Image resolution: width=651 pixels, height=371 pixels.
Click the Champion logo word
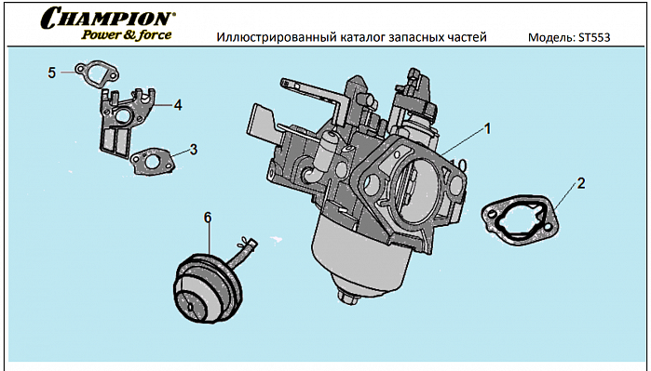[x=108, y=18]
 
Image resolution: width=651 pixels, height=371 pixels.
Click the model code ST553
[x=596, y=38]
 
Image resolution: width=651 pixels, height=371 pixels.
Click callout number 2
[x=580, y=182]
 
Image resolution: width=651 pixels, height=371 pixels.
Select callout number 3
[x=193, y=149]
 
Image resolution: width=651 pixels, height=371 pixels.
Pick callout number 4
[x=177, y=105]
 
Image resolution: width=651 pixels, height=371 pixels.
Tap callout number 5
[x=52, y=72]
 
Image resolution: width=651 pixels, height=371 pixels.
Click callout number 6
[x=208, y=218]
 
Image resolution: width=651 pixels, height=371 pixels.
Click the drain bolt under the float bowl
[x=350, y=298]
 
